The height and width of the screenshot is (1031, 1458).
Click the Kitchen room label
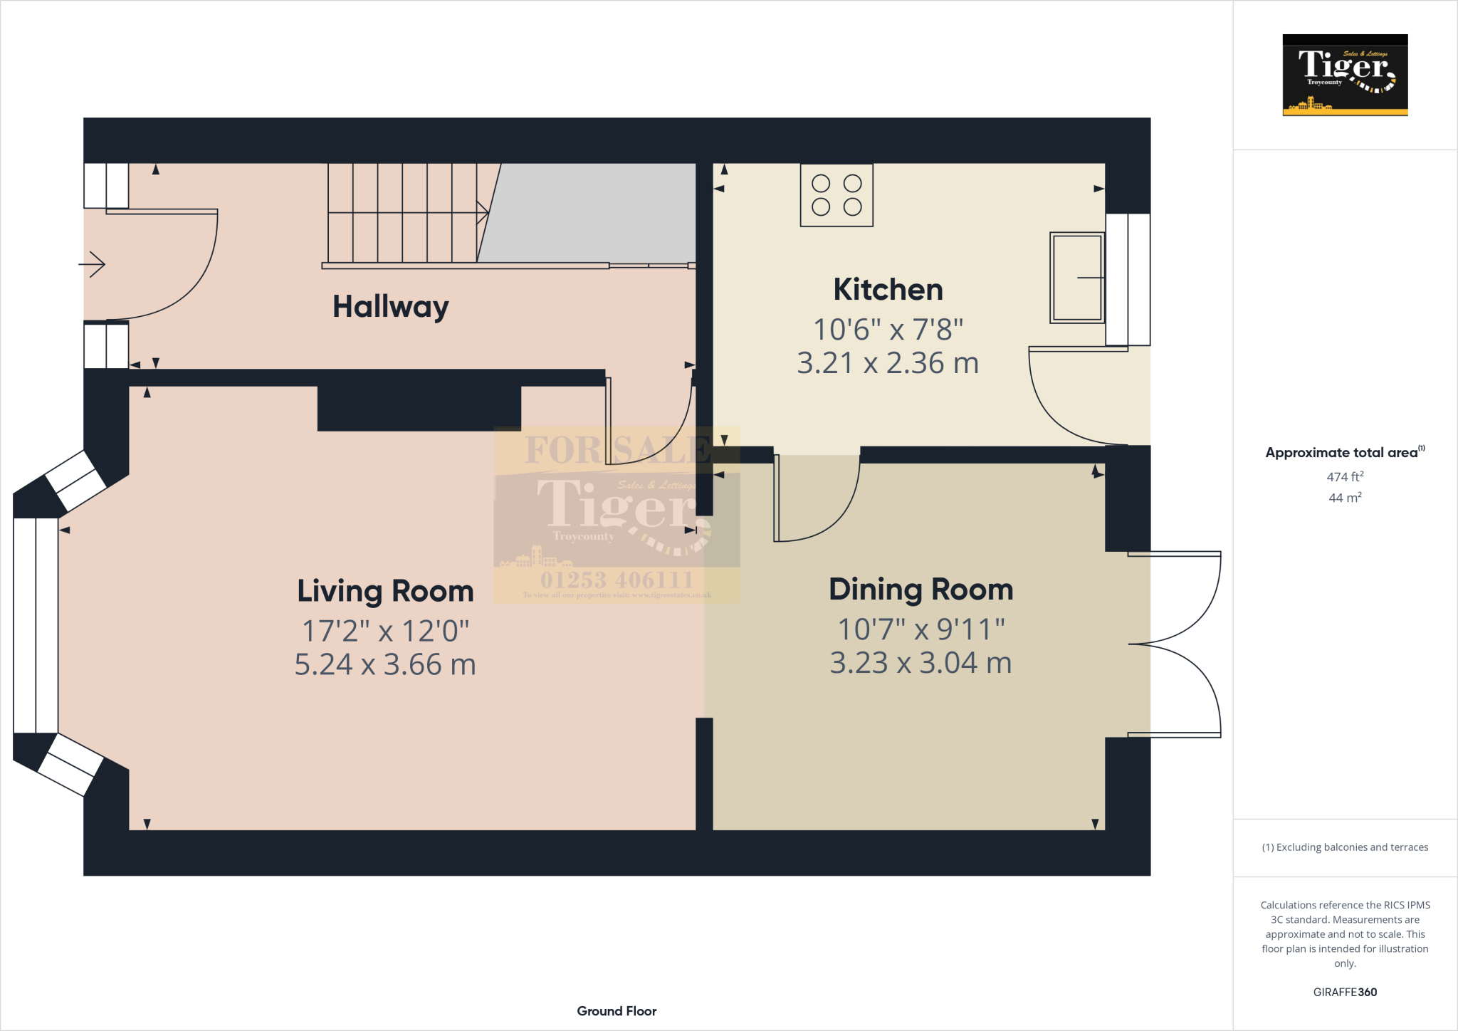tap(888, 290)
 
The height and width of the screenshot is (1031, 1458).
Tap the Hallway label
tap(390, 307)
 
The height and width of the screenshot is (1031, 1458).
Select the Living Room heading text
tap(385, 591)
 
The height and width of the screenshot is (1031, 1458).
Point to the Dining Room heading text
tap(921, 590)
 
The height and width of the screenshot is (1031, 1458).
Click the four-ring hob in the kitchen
tap(836, 195)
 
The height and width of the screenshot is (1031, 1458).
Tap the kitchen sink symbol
tap(1077, 277)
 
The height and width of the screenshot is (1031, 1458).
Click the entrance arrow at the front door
tap(93, 265)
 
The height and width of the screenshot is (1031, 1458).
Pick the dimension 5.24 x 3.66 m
tap(385, 665)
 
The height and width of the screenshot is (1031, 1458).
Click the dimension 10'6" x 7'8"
tap(888, 330)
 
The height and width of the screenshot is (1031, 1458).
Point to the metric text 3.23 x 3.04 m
tap(921, 663)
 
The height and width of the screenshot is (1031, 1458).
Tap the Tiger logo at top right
tap(1345, 75)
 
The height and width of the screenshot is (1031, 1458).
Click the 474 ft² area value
tap(1345, 476)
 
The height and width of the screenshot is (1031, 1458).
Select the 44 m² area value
tap(1345, 498)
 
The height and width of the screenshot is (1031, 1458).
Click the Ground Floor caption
tap(617, 1011)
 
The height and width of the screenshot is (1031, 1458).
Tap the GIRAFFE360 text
tap(1345, 992)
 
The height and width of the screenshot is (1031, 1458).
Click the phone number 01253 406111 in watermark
tap(617, 580)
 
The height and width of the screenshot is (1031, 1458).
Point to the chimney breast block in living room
tap(419, 409)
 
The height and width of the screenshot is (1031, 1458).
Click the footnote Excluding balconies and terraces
tap(1345, 847)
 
